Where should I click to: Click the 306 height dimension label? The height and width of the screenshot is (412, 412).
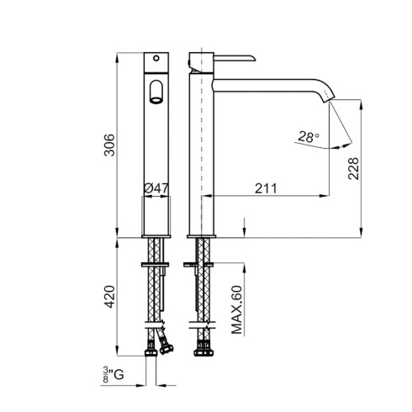coord(109,145)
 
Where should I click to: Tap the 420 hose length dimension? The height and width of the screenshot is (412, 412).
coord(109,297)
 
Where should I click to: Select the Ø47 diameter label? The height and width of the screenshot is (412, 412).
coord(156,188)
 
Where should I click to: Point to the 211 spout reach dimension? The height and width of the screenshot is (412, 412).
coord(266,188)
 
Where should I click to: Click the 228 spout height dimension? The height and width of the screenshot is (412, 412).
coord(353,168)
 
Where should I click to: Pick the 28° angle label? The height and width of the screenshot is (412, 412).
coord(309,137)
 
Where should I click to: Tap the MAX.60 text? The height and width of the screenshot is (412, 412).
coord(237,309)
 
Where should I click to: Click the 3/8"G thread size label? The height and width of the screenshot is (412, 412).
coord(114,374)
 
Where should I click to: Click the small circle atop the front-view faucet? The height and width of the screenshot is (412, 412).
coord(156,58)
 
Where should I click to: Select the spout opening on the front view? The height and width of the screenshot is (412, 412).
coord(156,100)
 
